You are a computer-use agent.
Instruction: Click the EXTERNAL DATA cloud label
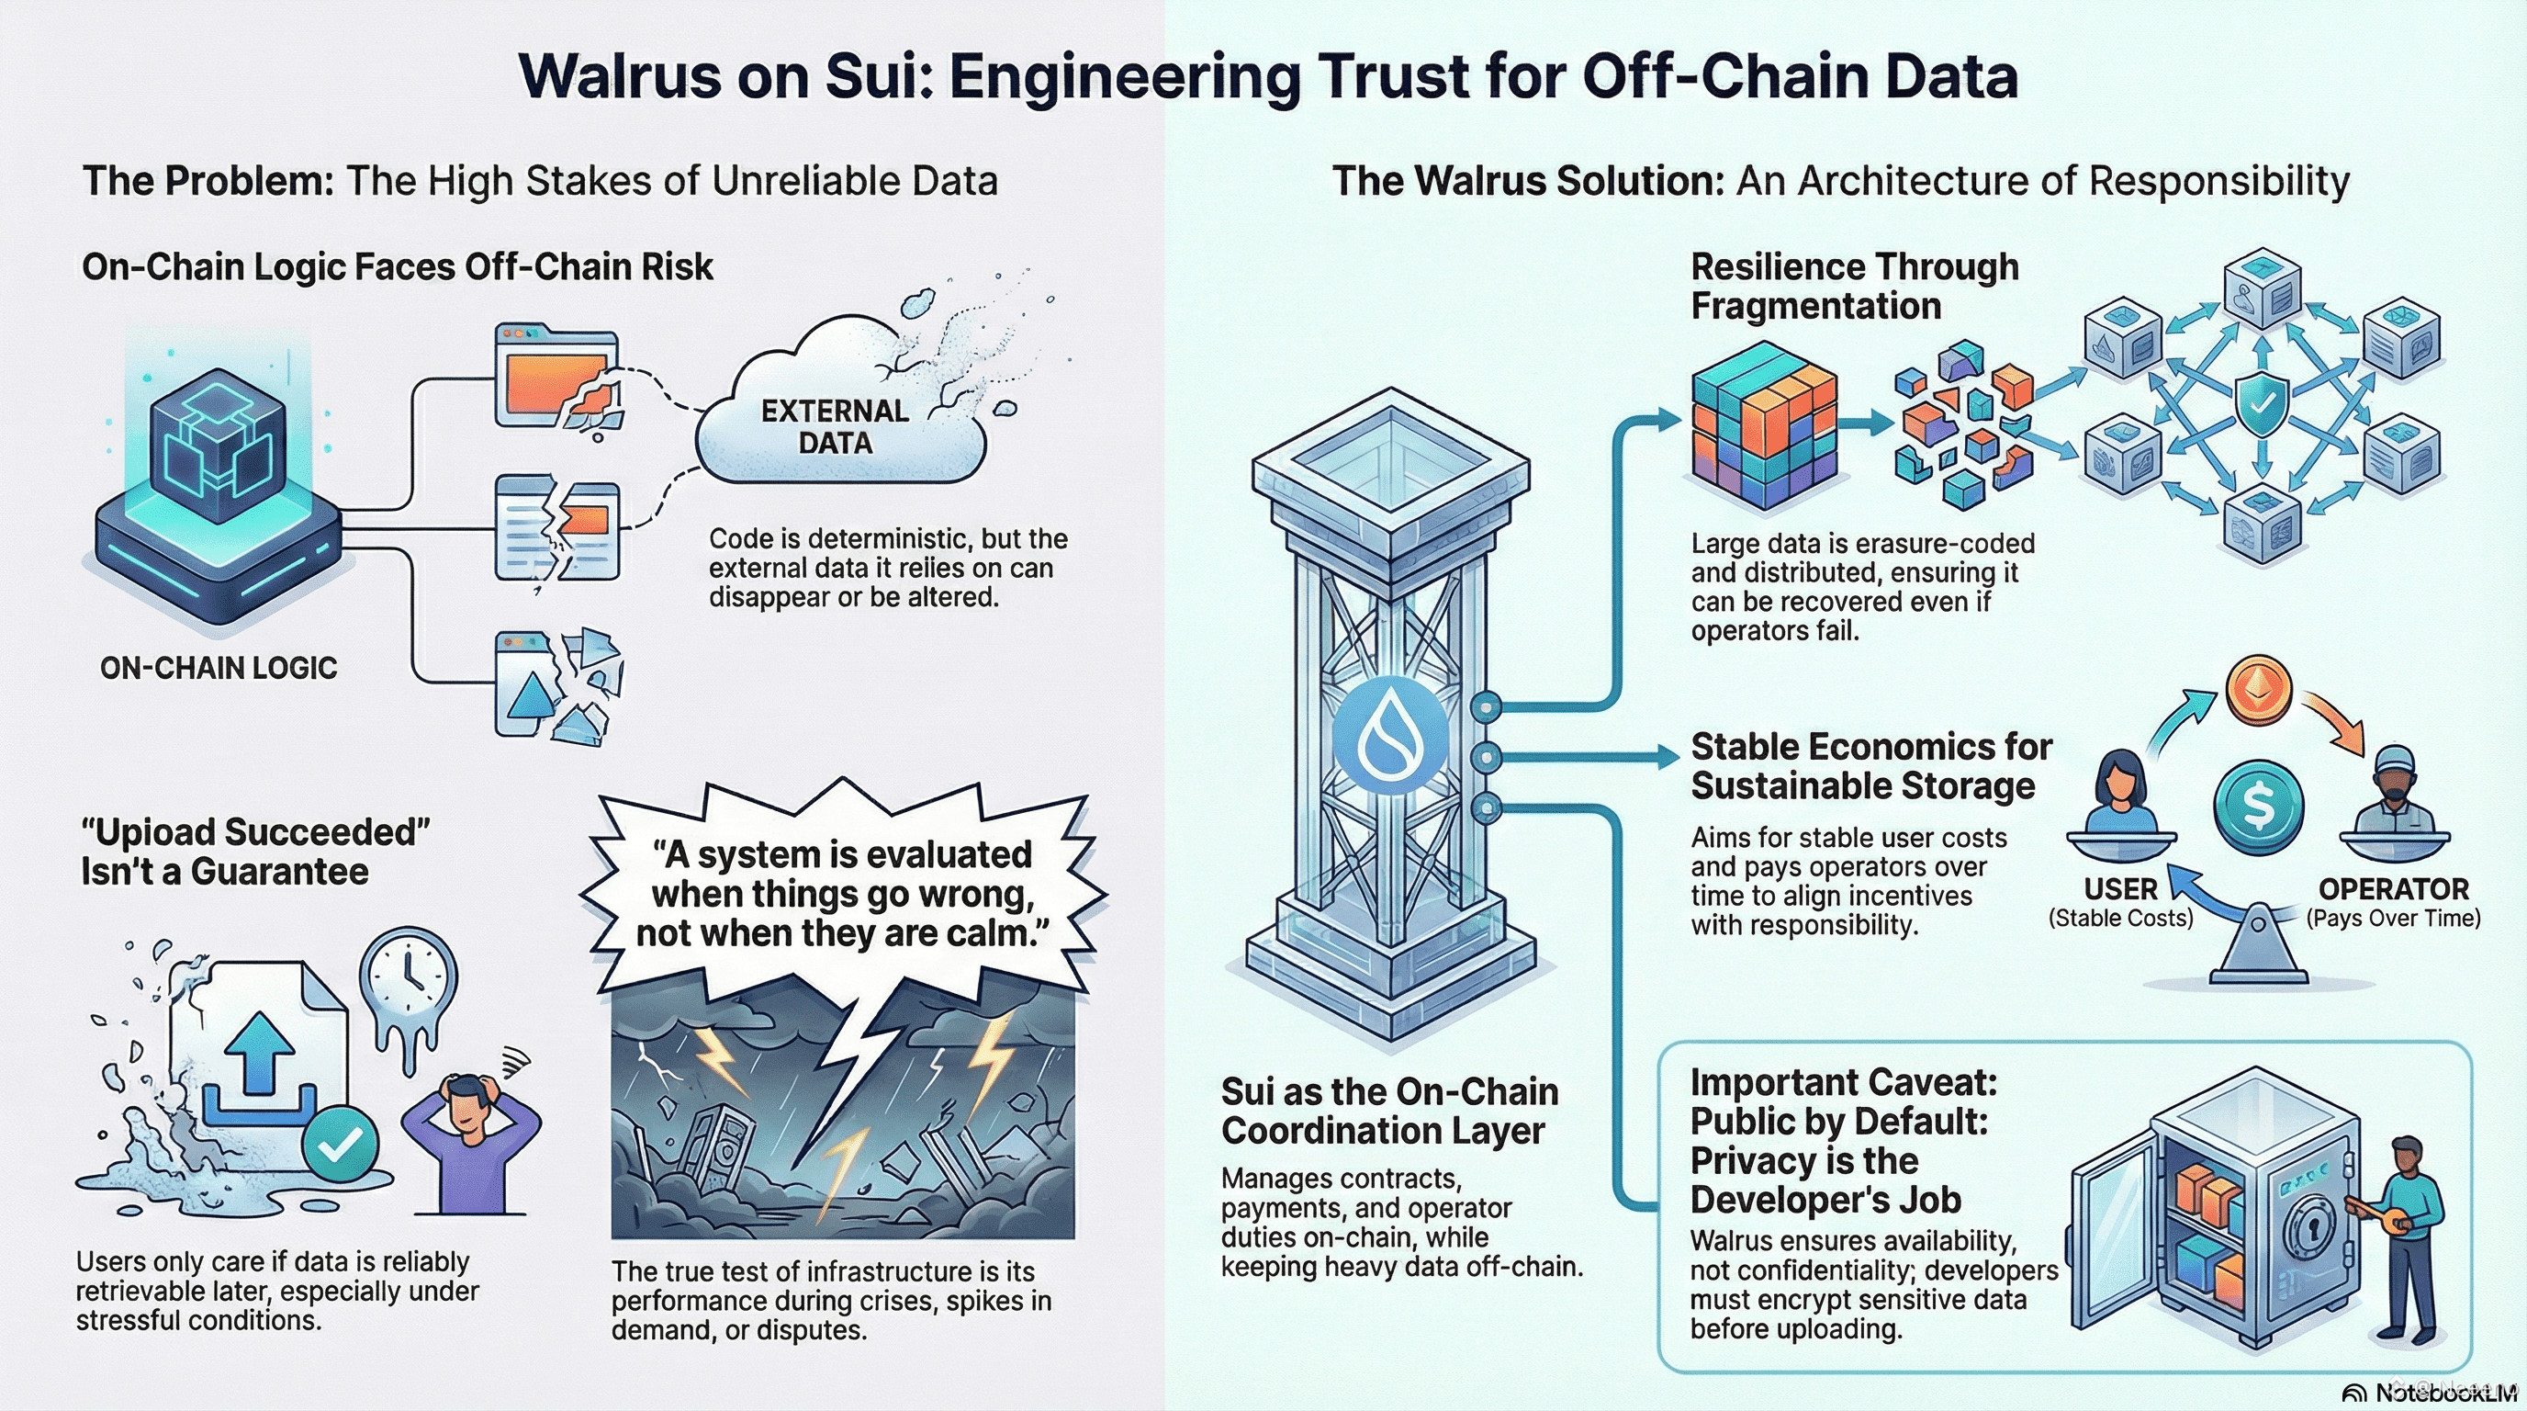(835, 427)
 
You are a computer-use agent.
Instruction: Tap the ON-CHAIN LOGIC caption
(219, 668)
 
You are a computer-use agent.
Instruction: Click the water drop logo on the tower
(1390, 735)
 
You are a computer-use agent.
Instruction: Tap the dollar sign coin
(2258, 806)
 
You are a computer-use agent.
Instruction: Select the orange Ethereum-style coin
(2258, 690)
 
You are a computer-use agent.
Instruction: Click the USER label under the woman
(2120, 889)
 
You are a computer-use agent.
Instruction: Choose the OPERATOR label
(2394, 889)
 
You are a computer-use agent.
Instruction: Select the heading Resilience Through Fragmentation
(1854, 286)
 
